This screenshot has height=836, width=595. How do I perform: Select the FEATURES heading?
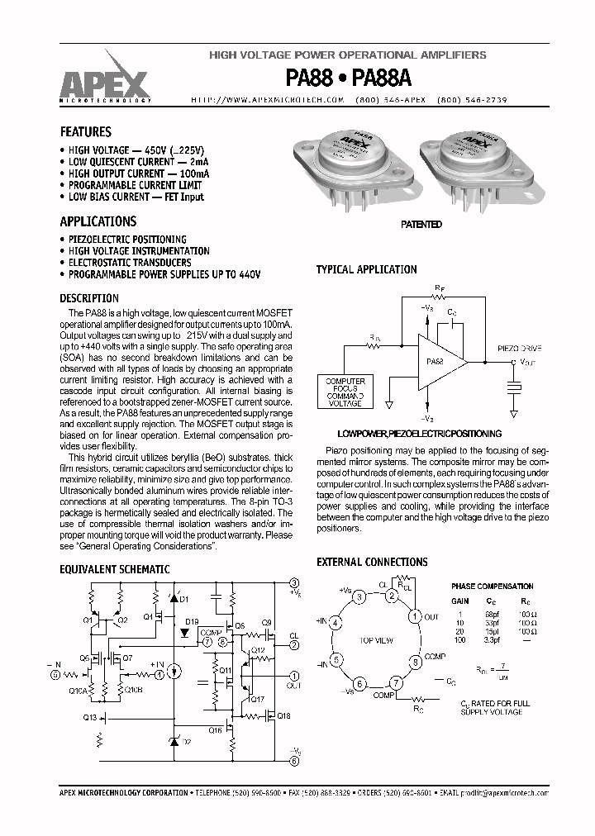[x=85, y=131]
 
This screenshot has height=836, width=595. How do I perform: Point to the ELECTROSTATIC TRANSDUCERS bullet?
[x=130, y=263]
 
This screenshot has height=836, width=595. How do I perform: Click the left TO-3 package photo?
[x=353, y=160]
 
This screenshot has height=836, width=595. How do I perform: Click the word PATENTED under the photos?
[x=421, y=225]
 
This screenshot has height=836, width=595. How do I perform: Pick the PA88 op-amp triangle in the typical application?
[x=439, y=361]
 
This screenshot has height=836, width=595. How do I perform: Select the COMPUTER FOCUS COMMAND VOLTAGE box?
[x=345, y=392]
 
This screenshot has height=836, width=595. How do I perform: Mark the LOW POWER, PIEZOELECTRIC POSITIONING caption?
[x=419, y=433]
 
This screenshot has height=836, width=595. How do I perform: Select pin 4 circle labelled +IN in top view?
[x=335, y=624]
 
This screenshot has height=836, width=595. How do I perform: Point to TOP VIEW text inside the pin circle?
[x=376, y=640]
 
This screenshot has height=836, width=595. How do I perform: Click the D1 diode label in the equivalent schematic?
[x=184, y=597]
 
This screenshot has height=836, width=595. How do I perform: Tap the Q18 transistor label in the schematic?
[x=283, y=715]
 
